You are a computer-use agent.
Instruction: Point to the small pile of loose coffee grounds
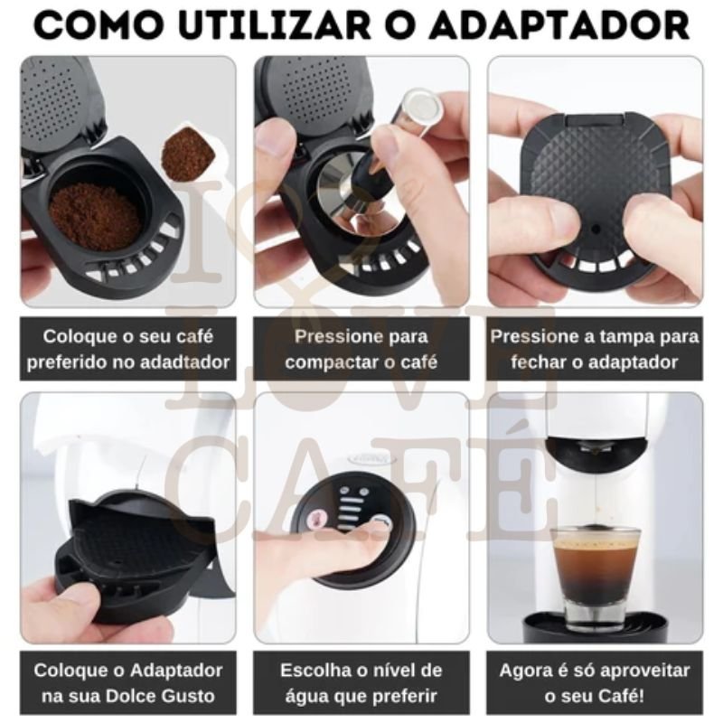[187, 153]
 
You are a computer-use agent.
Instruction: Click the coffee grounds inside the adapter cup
[94, 215]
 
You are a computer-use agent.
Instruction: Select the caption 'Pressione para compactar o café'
[361, 350]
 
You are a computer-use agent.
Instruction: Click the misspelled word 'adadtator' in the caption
[191, 363]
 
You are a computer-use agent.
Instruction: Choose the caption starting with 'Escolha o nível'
[361, 683]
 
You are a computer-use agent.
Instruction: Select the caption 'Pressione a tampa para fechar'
[595, 350]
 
